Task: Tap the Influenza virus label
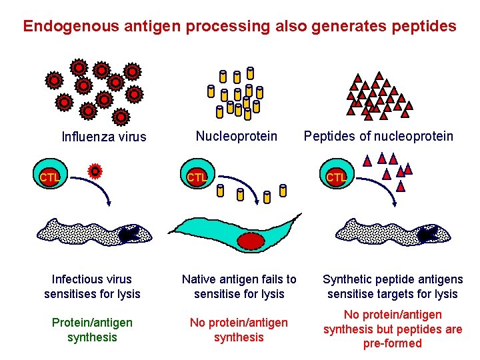(x=103, y=137)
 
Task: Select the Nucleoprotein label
(x=237, y=136)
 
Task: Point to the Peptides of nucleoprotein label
(x=378, y=136)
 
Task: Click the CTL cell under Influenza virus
(x=49, y=177)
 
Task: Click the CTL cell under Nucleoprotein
(x=196, y=177)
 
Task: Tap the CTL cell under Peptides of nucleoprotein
(x=335, y=177)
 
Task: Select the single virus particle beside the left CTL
(x=95, y=171)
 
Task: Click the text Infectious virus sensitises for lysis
(x=92, y=287)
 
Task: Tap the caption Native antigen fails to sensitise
(x=239, y=287)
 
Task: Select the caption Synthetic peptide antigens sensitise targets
(x=392, y=287)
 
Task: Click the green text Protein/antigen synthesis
(x=92, y=330)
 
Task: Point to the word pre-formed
(x=392, y=344)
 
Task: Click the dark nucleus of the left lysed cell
(x=127, y=233)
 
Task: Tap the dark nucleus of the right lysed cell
(x=427, y=233)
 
